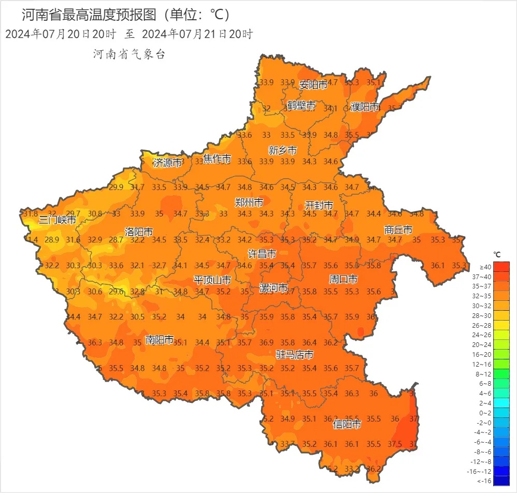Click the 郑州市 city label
click(249, 202)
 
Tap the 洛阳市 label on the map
click(139, 231)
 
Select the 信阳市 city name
click(347, 425)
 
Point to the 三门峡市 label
click(58, 220)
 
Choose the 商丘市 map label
click(398, 229)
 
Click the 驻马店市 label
click(294, 355)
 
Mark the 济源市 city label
click(167, 163)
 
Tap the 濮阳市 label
click(365, 107)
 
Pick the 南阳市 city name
click(160, 340)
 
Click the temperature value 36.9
click(266, 342)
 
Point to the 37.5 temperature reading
click(395, 444)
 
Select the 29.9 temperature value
click(116, 187)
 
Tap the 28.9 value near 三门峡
click(52, 240)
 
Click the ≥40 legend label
click(485, 267)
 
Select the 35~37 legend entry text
click(485, 286)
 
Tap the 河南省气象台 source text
click(129, 54)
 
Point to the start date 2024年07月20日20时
click(60, 34)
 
